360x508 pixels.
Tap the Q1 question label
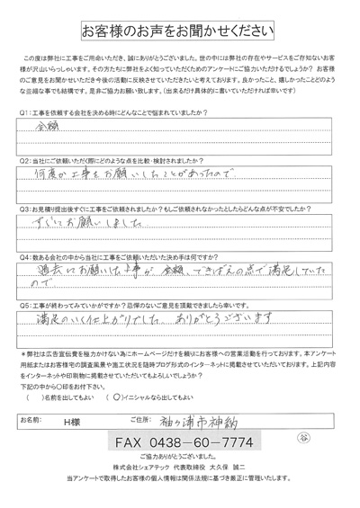[x=24, y=114]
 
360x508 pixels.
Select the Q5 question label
[x=24, y=307]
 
